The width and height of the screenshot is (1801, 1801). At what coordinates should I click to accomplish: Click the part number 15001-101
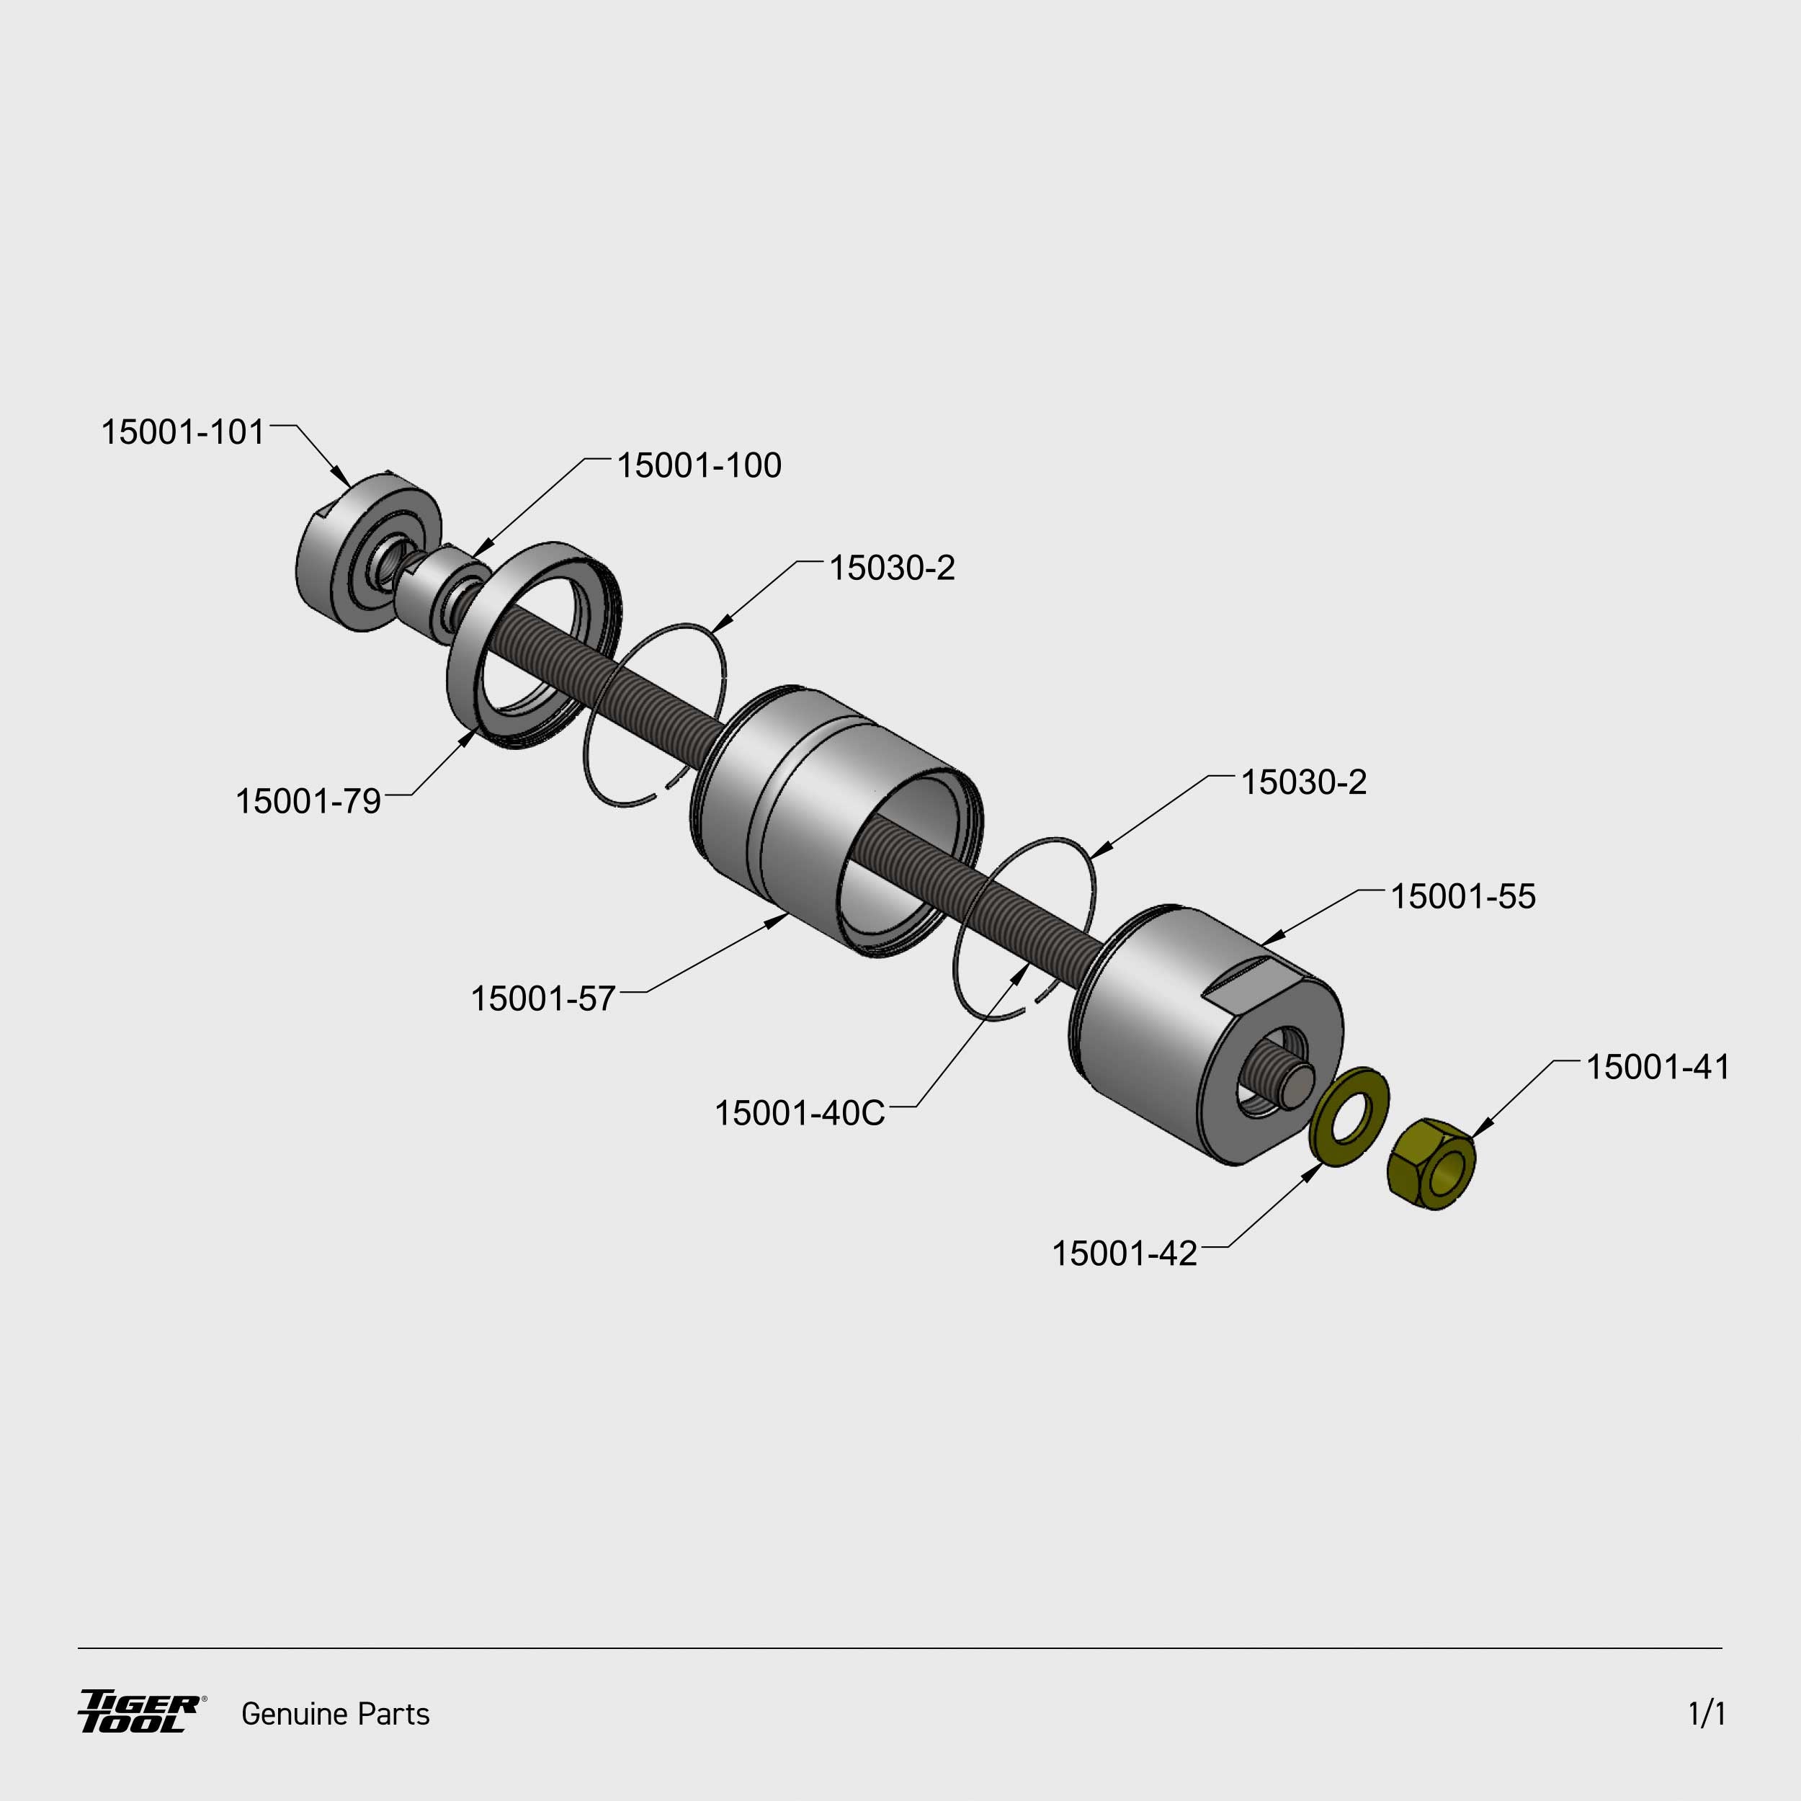coord(183,432)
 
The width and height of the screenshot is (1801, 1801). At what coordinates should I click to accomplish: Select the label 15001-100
coord(699,466)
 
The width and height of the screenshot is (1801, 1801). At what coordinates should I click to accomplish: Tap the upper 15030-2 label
coord(892,568)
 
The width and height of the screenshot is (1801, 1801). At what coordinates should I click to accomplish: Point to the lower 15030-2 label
coord(1303,782)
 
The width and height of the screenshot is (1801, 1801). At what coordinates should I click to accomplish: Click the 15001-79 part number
coord(308,802)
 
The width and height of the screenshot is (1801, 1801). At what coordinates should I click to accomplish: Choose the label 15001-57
coord(543,999)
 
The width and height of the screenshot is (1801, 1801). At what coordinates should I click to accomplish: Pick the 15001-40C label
coord(800,1114)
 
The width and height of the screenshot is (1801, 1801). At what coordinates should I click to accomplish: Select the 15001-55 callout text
coord(1462,897)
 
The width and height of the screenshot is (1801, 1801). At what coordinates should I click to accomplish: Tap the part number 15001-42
coord(1125,1253)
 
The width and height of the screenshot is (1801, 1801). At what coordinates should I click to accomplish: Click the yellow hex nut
coord(1433,1164)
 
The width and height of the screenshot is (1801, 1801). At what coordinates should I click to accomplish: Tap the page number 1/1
coord(1707,1713)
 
